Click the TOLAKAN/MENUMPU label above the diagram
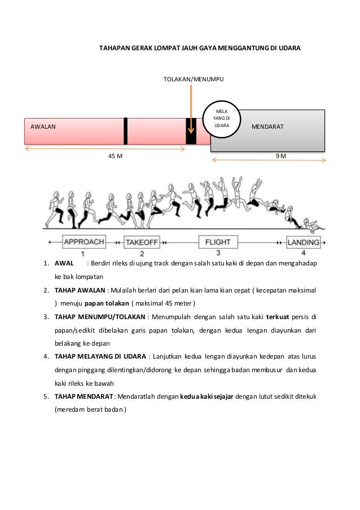tap(193, 81)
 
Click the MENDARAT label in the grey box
tap(268, 128)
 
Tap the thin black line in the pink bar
tap(125, 130)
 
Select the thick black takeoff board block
tap(191, 131)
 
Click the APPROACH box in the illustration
tap(84, 242)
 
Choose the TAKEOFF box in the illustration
tap(142, 243)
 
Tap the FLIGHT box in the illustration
tap(218, 243)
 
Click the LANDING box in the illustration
tap(303, 243)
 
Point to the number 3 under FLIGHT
tap(218, 252)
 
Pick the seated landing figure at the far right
tap(311, 225)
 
